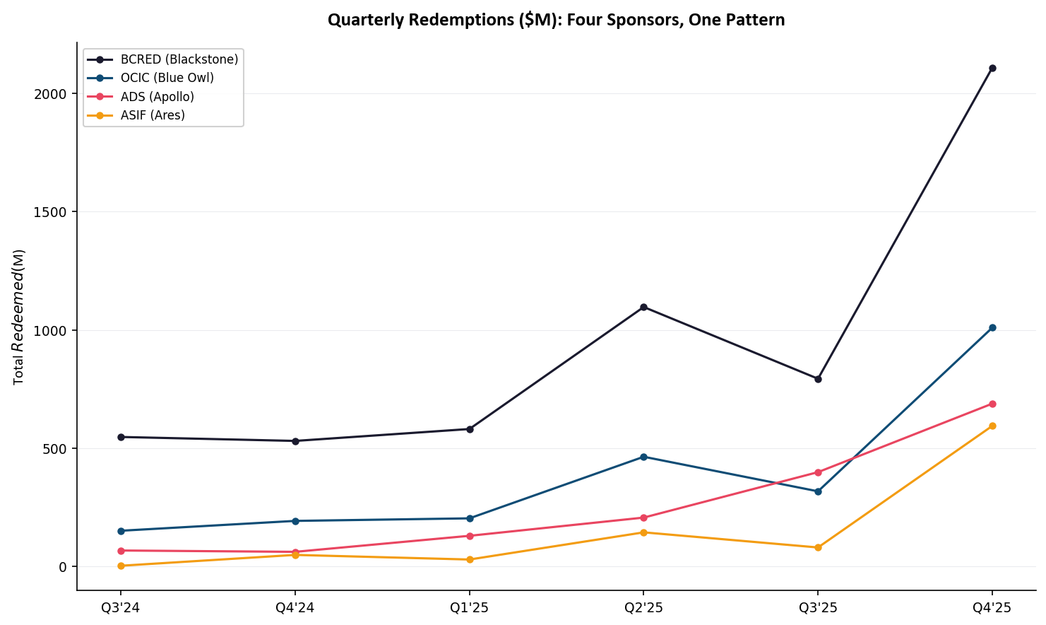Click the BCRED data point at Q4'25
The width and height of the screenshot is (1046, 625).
pyautogui.click(x=992, y=69)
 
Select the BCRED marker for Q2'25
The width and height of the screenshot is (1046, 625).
pyautogui.click(x=643, y=307)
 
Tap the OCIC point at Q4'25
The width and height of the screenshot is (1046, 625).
pyautogui.click(x=992, y=327)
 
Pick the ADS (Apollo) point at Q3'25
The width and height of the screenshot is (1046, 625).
pyautogui.click(x=818, y=472)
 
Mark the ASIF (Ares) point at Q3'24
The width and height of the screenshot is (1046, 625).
pyautogui.click(x=121, y=566)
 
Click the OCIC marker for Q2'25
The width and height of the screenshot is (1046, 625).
pyautogui.click(x=643, y=457)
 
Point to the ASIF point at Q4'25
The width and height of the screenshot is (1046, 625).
pyautogui.click(x=992, y=426)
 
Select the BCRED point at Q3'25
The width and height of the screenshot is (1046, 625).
pyautogui.click(x=818, y=379)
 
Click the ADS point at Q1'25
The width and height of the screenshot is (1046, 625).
pyautogui.click(x=470, y=536)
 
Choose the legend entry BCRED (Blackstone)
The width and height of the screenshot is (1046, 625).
pyautogui.click(x=179, y=59)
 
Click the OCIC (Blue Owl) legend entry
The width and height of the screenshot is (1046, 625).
pyautogui.click(x=167, y=78)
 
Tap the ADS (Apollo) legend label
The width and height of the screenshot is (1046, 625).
pyautogui.click(x=157, y=97)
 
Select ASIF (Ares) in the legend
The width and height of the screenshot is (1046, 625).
pyautogui.click(x=153, y=115)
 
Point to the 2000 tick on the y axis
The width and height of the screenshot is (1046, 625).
pyautogui.click(x=50, y=94)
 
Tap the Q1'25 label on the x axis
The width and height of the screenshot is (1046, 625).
pyautogui.click(x=470, y=608)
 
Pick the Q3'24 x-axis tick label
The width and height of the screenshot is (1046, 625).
pyautogui.click(x=121, y=608)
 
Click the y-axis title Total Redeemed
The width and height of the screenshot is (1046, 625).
pyautogui.click(x=19, y=317)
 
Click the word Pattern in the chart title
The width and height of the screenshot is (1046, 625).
pyautogui.click(x=758, y=20)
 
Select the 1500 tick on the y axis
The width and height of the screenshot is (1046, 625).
pyautogui.click(x=50, y=212)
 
